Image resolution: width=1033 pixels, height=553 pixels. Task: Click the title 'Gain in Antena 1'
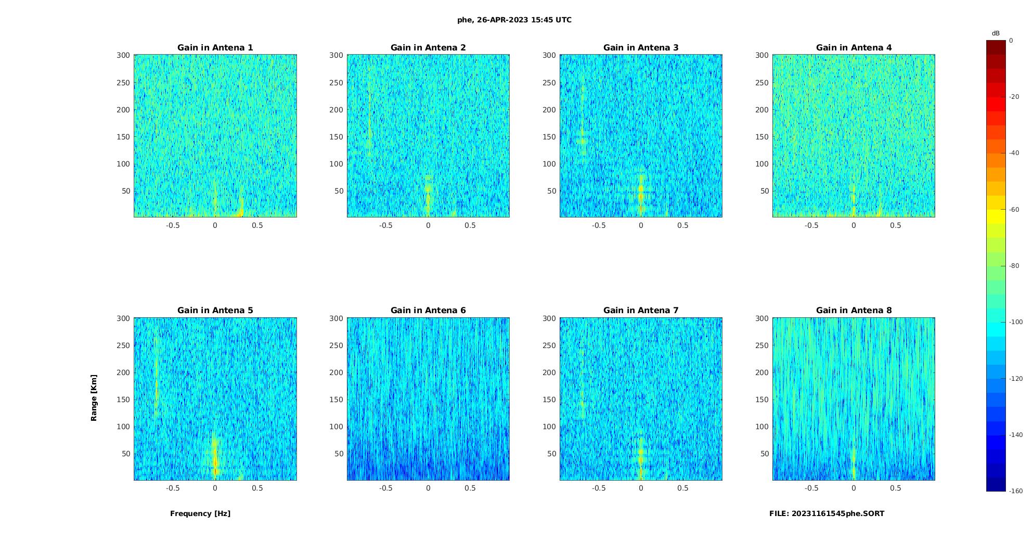[x=215, y=48]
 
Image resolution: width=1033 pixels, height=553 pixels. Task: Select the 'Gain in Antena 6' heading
[x=428, y=311]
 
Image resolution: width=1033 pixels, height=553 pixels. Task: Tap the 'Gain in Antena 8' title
[x=854, y=311]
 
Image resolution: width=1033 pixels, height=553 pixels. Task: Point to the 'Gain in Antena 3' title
[x=641, y=48]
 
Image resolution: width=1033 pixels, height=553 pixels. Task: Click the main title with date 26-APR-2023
[x=514, y=20]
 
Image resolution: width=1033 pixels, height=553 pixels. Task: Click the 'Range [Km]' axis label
[x=94, y=398]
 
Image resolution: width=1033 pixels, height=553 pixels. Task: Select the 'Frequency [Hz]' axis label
[x=200, y=513]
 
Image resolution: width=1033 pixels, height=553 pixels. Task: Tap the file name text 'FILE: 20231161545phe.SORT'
[x=827, y=513]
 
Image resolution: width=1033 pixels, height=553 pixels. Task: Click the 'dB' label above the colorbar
[x=996, y=33]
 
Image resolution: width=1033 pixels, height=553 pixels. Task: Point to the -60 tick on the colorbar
[x=1014, y=210]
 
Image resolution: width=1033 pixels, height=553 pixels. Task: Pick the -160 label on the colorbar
[x=1016, y=491]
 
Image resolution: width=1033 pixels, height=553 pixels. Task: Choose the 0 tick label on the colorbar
[x=1011, y=41]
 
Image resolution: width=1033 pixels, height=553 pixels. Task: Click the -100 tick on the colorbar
[x=1016, y=322]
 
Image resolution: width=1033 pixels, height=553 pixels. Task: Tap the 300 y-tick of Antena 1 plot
[x=123, y=55]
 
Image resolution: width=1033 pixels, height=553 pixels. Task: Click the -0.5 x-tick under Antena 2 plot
[x=386, y=225]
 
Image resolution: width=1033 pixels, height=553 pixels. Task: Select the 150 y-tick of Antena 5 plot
[x=123, y=400]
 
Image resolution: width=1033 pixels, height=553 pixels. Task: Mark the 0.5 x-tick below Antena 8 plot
[x=896, y=488]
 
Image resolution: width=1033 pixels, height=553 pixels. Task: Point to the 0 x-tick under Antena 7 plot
[x=641, y=488]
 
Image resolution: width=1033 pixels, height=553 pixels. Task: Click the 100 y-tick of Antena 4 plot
[x=762, y=164]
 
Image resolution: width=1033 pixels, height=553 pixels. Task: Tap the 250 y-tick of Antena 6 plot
[x=336, y=345]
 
